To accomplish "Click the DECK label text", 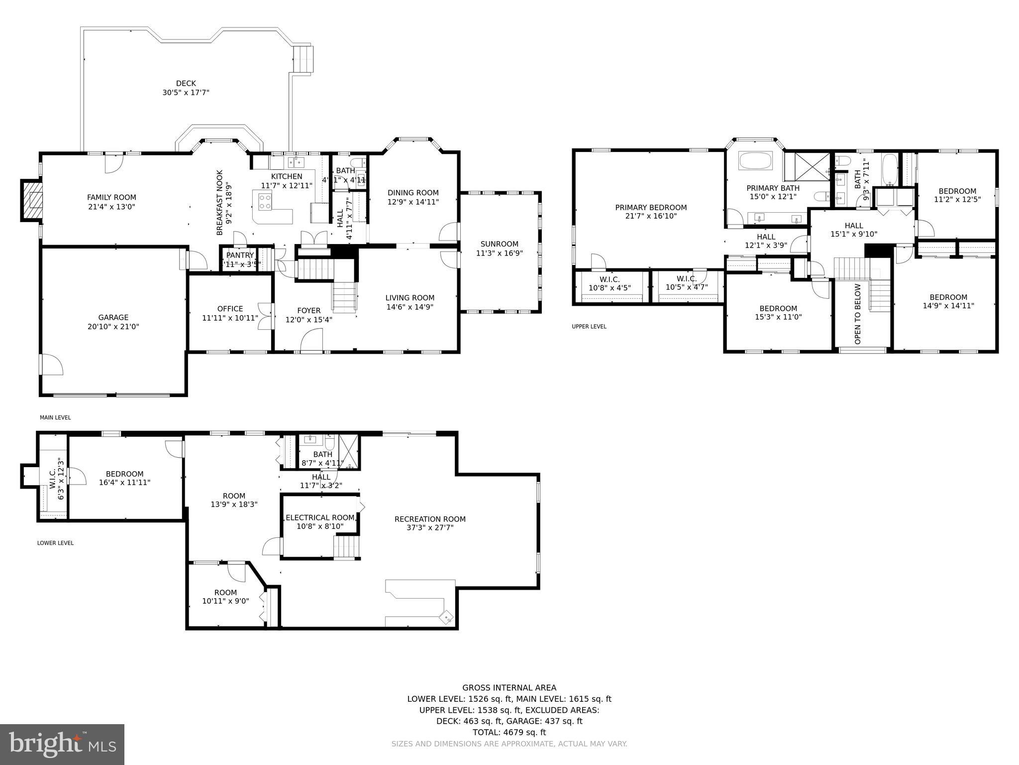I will pos(186,83).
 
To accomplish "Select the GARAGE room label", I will pos(113,317).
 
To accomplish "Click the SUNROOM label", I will pos(499,244).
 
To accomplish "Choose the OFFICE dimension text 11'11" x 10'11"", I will pos(230,318).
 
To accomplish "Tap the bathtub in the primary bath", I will pos(755,161).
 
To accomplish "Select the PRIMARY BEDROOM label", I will pos(650,207).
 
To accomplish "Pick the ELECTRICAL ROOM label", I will pos(320,517).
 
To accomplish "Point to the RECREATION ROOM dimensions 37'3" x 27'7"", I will pos(430,528).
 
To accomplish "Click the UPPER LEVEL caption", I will pos(589,327).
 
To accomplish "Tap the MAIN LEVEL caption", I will pos(55,417).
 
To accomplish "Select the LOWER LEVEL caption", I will pos(55,543).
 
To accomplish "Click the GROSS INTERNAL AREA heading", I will pos(509,688).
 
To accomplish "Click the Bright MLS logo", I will pos(62,744).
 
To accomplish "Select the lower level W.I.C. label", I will pos(53,478).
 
